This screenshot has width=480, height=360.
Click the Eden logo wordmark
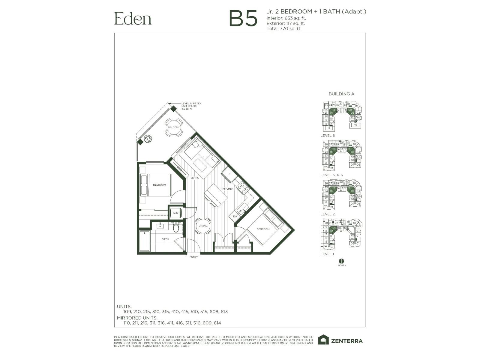133,19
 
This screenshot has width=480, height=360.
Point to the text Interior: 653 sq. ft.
286,18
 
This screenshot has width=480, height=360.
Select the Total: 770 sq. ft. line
284,29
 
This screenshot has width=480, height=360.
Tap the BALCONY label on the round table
174,127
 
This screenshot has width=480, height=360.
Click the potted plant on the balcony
147,139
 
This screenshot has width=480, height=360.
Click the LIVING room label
195,178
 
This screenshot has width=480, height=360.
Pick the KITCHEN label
228,189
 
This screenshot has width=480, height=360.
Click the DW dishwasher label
235,216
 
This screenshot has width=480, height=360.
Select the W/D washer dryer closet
175,213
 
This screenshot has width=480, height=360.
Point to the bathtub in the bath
145,241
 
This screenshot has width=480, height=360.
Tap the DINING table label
203,226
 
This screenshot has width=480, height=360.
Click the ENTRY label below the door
193,257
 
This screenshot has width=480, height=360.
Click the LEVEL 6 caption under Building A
328,136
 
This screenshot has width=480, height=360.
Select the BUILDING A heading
341,94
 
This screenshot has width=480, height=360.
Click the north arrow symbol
342,261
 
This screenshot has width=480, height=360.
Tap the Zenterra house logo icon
323,340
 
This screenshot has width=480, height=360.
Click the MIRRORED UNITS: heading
137,318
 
